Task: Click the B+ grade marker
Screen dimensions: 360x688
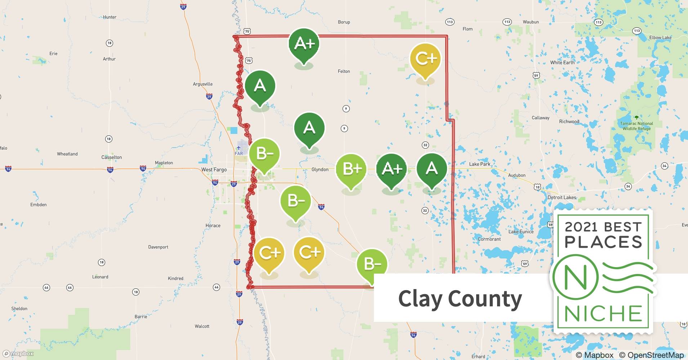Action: click(351, 169)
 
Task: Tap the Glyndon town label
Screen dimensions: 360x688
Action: click(320, 170)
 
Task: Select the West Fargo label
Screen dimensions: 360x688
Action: click(214, 170)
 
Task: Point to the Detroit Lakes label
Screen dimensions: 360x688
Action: click(562, 197)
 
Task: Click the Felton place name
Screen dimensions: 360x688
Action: click(344, 71)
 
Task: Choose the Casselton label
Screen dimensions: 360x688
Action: click(112, 157)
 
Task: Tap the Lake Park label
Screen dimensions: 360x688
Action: click(479, 164)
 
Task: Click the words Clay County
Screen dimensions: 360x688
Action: click(460, 298)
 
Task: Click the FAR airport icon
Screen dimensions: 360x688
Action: click(239, 148)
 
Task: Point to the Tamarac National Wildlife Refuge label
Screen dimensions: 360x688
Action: click(636, 126)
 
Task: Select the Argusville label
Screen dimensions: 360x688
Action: click(203, 84)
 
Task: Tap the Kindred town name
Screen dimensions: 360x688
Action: click(175, 278)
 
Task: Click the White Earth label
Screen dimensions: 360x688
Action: click(562, 63)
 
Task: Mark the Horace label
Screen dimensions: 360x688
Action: click(213, 226)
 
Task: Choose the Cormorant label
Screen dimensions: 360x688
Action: click(489, 239)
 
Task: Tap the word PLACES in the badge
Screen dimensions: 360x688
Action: click(603, 242)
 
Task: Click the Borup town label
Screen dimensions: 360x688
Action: click(344, 22)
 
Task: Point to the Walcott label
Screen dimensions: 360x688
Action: click(202, 326)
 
